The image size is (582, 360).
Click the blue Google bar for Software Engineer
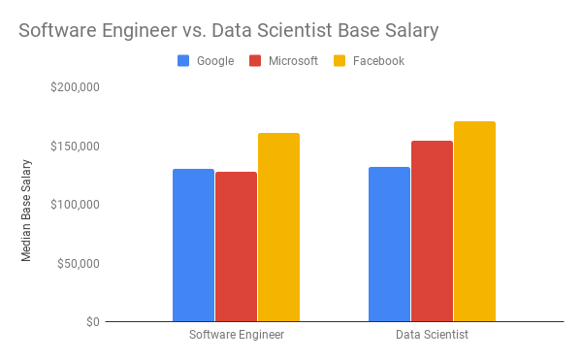click(193, 245)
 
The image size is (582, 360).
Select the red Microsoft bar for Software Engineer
click(236, 246)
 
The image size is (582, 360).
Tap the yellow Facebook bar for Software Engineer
click(278, 227)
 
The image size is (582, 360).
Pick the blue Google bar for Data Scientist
click(389, 245)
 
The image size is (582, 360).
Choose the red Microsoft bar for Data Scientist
click(432, 231)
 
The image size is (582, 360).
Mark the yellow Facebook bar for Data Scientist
click(474, 221)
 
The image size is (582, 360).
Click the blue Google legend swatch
click(183, 61)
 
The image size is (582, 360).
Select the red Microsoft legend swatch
click(255, 61)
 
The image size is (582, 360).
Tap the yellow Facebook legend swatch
click(339, 61)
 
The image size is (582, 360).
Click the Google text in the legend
click(215, 61)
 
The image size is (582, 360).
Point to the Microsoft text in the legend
click(293, 61)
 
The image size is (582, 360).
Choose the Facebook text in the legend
click(378, 61)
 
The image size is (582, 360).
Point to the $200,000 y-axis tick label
click(75, 87)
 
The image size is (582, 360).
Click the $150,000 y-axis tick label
click(75, 147)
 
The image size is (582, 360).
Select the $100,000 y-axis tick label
click(75, 205)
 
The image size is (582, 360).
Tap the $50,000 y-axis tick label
click(79, 264)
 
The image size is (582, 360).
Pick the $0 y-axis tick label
click(93, 322)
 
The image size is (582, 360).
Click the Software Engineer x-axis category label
click(237, 335)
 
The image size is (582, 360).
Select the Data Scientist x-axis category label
click(432, 335)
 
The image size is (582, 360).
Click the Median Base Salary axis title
click(26, 211)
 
